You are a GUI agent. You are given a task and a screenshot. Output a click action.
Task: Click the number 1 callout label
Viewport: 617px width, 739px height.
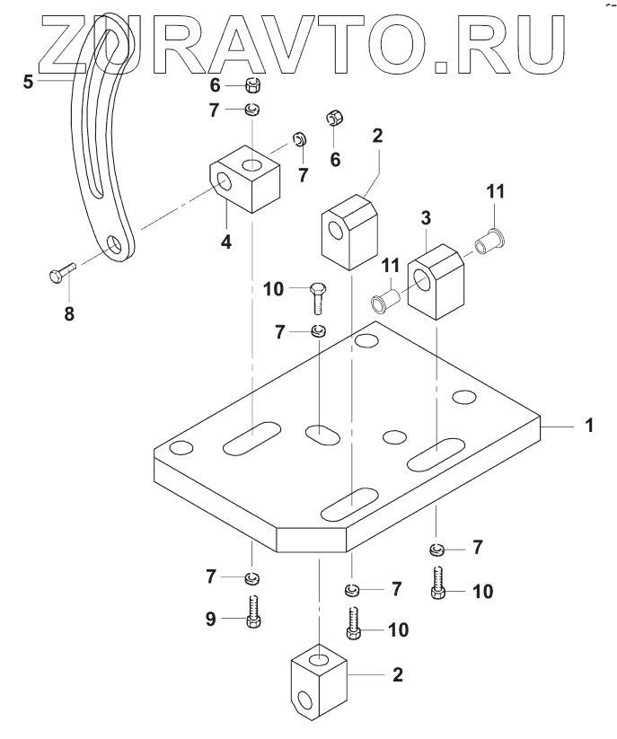click(x=589, y=426)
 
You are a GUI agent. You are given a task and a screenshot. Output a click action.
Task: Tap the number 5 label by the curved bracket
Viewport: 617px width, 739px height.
click(x=29, y=81)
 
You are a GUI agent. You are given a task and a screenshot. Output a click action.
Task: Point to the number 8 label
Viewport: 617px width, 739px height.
click(x=68, y=313)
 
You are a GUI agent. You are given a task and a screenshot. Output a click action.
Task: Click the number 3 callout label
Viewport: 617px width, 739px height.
click(x=426, y=218)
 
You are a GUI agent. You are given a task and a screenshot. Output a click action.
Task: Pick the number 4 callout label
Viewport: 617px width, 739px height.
click(x=225, y=242)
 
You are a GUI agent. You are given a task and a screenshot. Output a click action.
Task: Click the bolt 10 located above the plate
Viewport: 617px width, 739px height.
click(x=317, y=297)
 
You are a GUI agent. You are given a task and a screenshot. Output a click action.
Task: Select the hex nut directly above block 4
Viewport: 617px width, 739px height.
click(x=253, y=85)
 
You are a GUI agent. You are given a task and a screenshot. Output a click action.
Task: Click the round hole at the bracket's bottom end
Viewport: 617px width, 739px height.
click(x=115, y=245)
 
